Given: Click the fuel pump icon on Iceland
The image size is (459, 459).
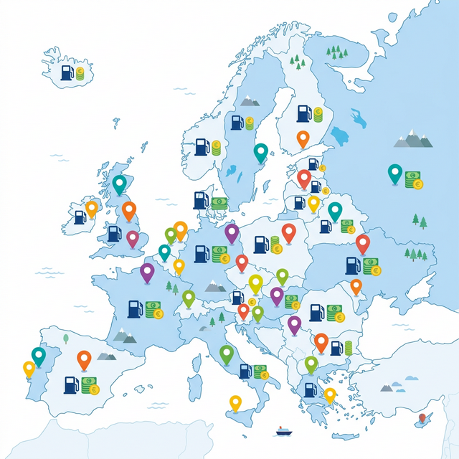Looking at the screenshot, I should tap(67, 72).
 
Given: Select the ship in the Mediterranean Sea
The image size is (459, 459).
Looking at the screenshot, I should tap(281, 431).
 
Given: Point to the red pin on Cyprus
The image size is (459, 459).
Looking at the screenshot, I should tap(422, 415).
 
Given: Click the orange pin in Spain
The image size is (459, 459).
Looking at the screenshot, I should tap(84, 358).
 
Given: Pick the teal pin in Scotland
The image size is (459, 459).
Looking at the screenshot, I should tap(119, 184).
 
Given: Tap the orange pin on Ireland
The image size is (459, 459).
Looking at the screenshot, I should tap(91, 208).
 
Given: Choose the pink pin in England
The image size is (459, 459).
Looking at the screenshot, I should tap(133, 237).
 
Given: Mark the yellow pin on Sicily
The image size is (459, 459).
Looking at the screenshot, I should tap(235, 402).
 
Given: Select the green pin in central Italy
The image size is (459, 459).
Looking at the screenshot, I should tap(227, 353).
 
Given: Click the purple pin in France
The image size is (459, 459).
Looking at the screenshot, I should tap(147, 272).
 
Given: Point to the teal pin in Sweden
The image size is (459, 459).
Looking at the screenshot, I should tap(260, 152).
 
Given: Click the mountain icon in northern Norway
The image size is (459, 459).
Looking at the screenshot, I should tap(250, 101).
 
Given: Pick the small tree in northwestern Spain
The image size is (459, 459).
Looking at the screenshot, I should tap(65, 337).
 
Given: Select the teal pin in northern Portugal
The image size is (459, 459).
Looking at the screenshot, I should tap(38, 354).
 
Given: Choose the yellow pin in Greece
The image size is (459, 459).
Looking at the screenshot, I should tap(330, 394).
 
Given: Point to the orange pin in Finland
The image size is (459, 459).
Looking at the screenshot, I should tap(303, 138).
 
